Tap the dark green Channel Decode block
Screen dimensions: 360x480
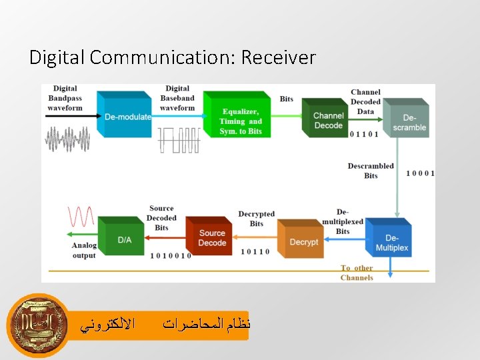(x=328, y=121)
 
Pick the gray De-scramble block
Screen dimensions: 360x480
(x=409, y=122)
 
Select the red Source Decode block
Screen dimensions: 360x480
(x=211, y=237)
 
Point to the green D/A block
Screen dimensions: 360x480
(x=123, y=238)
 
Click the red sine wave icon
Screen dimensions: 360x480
(x=81, y=217)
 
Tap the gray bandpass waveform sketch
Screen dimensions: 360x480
(x=67, y=140)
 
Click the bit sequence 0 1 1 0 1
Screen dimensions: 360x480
(x=364, y=133)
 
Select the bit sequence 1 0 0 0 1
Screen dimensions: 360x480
(x=421, y=173)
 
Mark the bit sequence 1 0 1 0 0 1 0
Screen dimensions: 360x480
(x=171, y=255)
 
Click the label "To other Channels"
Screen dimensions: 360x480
(x=357, y=273)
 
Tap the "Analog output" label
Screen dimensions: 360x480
(x=84, y=250)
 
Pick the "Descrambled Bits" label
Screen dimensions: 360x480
(x=371, y=171)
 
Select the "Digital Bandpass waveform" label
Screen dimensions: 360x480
(x=65, y=98)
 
